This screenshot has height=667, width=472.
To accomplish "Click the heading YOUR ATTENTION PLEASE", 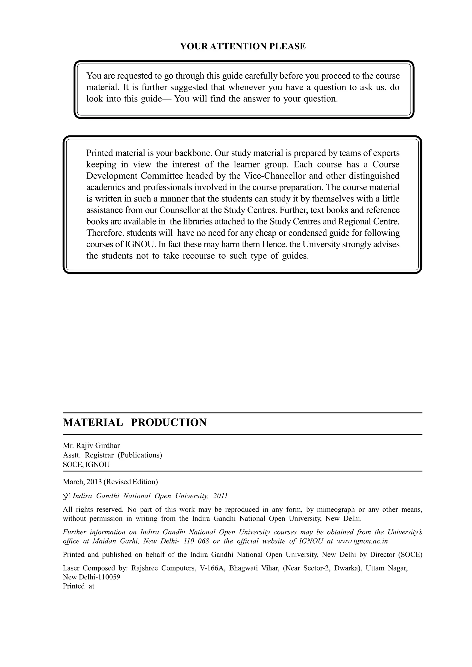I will click(243, 47).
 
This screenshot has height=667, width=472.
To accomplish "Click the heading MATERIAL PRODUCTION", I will click(135, 422).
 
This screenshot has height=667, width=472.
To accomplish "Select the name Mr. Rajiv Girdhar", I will click(91, 445).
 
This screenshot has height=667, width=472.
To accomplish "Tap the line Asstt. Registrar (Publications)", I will click(112, 455).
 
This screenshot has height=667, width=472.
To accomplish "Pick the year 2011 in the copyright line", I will click(220, 496).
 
